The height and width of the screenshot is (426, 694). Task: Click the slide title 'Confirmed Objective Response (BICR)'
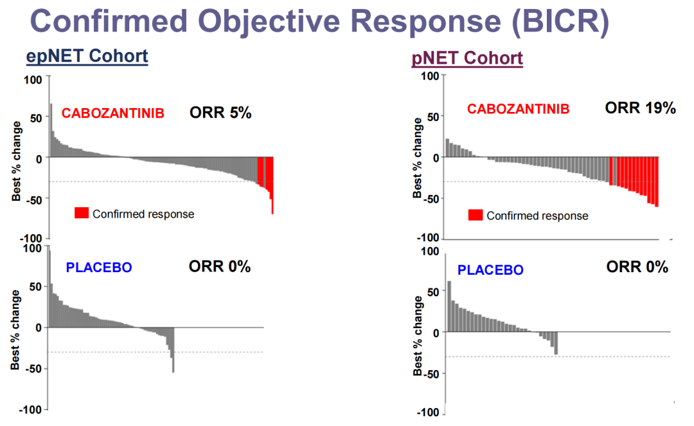coord(319,22)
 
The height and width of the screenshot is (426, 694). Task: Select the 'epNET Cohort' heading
coord(87,56)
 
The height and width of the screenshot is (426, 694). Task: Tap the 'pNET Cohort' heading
coord(467,59)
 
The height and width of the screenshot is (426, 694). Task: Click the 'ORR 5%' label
coord(220,113)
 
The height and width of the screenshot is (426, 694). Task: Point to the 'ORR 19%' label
coord(640,108)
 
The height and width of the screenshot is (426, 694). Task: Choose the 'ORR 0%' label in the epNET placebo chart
coord(220,266)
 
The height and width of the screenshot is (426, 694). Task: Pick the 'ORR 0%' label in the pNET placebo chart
coord(637,266)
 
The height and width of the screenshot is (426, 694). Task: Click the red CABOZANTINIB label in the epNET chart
coord(113,113)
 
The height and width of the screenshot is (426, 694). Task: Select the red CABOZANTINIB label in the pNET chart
coord(518,109)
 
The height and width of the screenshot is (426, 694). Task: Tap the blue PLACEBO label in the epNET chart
coord(99,267)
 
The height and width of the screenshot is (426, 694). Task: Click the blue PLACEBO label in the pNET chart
coord(490,270)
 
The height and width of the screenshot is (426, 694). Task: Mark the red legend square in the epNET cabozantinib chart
coord(82,213)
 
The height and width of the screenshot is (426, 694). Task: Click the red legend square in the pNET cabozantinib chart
coord(476,215)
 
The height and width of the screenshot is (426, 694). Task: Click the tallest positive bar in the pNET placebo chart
coord(449,306)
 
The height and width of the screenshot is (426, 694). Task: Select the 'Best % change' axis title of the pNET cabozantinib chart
coord(418,158)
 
